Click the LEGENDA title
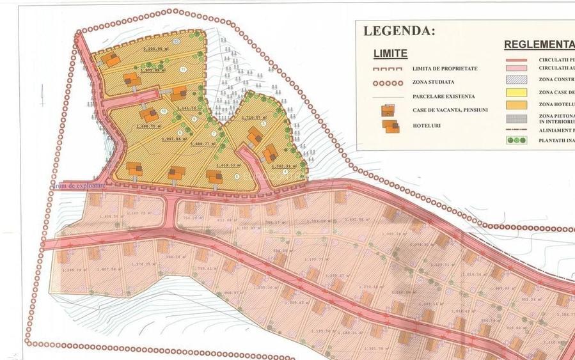[x=399, y=31]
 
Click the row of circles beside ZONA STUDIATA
[x=388, y=82]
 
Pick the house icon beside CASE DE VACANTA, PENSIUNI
[x=388, y=111]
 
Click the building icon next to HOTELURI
[x=390, y=125]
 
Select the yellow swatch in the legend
[x=516, y=92]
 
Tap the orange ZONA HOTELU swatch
[x=516, y=104]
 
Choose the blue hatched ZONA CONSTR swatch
[x=516, y=80]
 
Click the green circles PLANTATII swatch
[x=516, y=140]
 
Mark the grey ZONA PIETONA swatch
[x=516, y=117]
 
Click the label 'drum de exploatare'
[x=79, y=185]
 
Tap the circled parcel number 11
[x=184, y=69]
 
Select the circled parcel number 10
[x=164, y=111]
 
